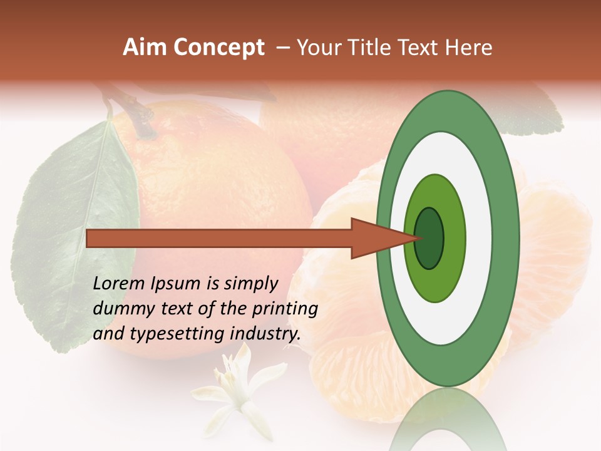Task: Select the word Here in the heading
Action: click(x=468, y=48)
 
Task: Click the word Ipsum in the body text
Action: click(x=178, y=284)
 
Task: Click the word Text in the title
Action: click(x=421, y=48)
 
